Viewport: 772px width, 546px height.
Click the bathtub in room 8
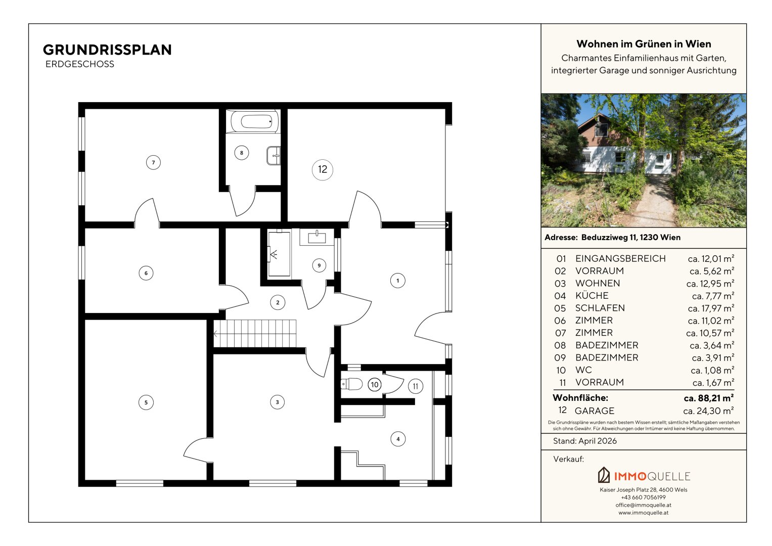(x=255, y=121)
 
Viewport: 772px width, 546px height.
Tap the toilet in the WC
(x=351, y=384)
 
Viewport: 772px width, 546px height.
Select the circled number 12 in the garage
(x=322, y=169)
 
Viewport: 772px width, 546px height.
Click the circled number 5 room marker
(x=146, y=402)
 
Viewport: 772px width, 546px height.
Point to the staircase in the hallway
(x=255, y=333)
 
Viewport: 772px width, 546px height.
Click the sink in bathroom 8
(x=274, y=156)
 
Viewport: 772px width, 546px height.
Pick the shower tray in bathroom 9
(x=279, y=254)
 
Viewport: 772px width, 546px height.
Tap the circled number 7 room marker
(x=153, y=162)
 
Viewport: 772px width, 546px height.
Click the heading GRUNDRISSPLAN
(x=107, y=50)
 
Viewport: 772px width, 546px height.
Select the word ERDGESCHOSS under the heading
(x=79, y=64)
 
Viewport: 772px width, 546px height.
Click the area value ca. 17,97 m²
(x=711, y=308)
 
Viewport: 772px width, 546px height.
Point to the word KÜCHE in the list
(x=592, y=295)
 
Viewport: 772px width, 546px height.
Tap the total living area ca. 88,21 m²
(x=709, y=398)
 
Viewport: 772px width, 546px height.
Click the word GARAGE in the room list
(x=595, y=411)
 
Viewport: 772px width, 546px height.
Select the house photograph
(x=644, y=161)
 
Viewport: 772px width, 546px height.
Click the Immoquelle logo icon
(x=604, y=475)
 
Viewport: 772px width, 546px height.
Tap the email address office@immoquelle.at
(x=644, y=505)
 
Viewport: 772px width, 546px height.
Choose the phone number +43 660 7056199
(x=644, y=497)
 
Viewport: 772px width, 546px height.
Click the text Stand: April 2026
(x=585, y=441)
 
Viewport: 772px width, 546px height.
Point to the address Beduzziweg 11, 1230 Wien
(x=631, y=237)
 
